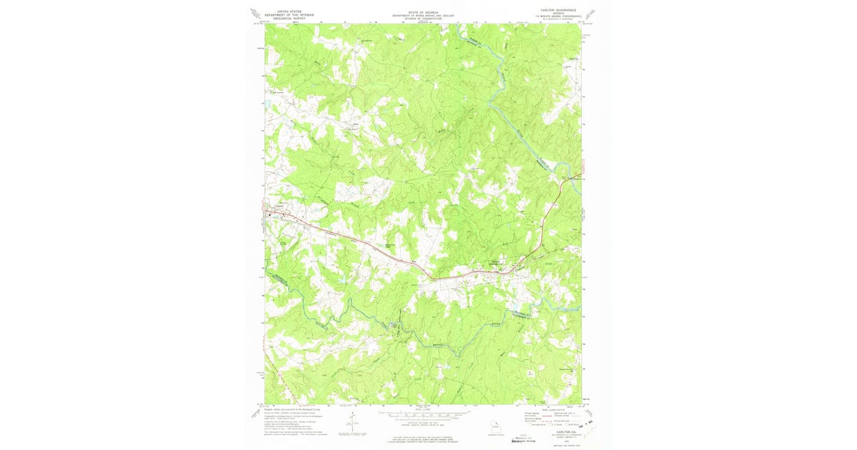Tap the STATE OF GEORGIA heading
click(423, 11)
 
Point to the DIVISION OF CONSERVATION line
click(423, 18)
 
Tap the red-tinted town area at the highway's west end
click(271, 213)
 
